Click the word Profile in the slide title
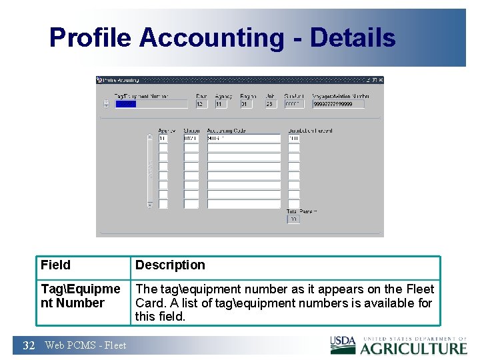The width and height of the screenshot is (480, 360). (x=91, y=38)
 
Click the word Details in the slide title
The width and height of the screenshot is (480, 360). (x=353, y=38)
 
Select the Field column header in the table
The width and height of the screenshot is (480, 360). (x=55, y=265)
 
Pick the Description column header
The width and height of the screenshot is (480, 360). (x=170, y=265)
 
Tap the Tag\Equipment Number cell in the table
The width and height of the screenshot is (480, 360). (x=80, y=296)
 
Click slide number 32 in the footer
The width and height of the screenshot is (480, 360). (x=29, y=345)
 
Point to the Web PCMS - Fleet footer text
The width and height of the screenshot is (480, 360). (x=85, y=345)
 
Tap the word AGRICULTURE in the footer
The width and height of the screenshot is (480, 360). (x=414, y=348)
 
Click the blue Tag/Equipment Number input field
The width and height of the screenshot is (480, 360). (x=151, y=104)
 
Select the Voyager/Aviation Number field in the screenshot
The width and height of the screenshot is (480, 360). (x=339, y=104)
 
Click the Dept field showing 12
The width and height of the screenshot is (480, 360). (x=201, y=104)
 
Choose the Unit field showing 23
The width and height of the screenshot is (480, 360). (x=271, y=104)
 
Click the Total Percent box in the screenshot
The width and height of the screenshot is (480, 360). (x=293, y=219)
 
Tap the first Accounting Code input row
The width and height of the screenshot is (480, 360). (x=243, y=139)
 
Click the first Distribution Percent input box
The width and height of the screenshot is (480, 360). (x=294, y=139)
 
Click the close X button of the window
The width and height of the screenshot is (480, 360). (x=380, y=80)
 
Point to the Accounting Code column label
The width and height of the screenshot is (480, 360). (x=227, y=131)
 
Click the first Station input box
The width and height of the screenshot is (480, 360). (x=191, y=139)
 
